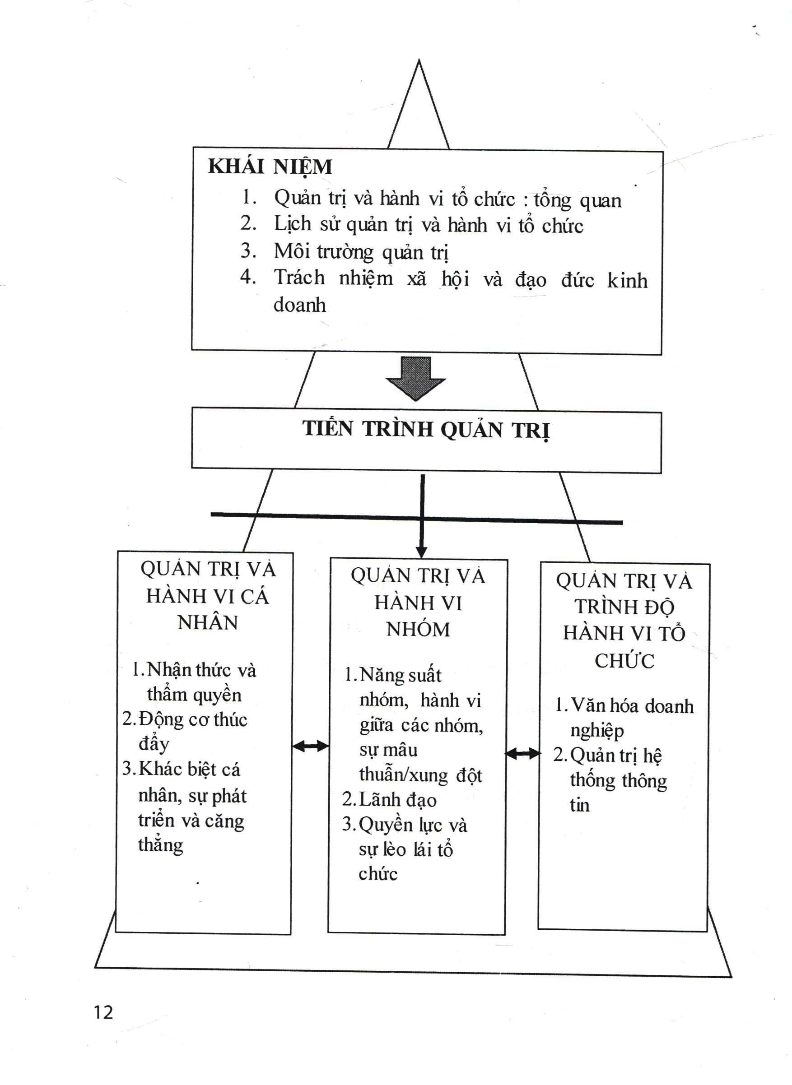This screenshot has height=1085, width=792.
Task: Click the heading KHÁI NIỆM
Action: click(270, 167)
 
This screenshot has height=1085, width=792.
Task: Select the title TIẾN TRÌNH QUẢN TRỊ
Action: click(426, 429)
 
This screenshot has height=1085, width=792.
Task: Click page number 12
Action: click(103, 1013)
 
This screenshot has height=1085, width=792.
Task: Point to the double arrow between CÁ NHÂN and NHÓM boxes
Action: click(310, 746)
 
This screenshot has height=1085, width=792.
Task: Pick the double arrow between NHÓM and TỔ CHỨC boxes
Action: click(523, 754)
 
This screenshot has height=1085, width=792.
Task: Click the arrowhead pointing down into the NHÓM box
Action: click(421, 552)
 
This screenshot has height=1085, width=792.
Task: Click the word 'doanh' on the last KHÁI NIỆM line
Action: click(300, 305)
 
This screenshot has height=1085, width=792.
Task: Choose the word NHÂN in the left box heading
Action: click(207, 622)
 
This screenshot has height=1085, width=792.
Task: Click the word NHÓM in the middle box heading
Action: click(418, 629)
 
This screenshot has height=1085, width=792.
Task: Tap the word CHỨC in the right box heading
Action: click(624, 661)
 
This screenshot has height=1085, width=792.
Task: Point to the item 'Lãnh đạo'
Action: click(397, 800)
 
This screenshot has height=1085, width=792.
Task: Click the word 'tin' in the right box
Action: click(580, 805)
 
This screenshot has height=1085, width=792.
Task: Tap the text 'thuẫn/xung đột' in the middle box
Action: click(420, 775)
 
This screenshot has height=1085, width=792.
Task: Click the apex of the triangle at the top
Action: click(419, 60)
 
